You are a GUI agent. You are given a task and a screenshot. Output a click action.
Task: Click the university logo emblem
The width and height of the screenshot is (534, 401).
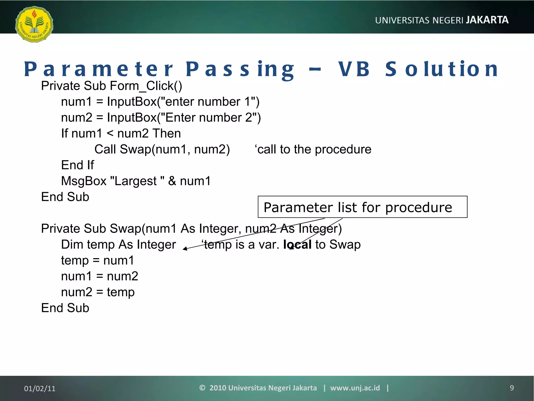pos(34,24)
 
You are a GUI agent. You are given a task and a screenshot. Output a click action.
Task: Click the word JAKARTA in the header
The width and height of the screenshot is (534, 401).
pos(487,20)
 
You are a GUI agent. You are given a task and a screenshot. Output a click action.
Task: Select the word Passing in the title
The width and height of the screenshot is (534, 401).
pos(240,69)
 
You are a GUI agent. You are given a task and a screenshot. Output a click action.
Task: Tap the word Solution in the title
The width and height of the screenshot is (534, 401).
pos(442,69)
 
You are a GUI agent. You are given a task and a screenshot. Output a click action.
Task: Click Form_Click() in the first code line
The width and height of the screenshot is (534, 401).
pos(146,86)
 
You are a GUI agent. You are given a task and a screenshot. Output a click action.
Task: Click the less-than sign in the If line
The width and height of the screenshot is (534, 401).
pos(110,134)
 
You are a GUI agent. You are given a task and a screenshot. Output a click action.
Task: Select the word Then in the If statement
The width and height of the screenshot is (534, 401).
pos(167,134)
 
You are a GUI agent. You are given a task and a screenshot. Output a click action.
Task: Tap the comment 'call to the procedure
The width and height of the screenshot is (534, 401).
pos(313,150)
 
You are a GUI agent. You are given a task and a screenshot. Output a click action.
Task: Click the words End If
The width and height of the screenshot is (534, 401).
pos(77,165)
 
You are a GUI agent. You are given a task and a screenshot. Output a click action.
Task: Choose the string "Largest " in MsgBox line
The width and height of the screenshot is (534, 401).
pos(137,181)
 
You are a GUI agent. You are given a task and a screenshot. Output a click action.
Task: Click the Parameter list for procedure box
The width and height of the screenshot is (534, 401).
pos(362,207)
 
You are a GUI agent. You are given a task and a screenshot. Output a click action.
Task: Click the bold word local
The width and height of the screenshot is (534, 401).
pos(297,245)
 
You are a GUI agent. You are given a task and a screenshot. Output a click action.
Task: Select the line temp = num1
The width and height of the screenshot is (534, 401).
pos(98,261)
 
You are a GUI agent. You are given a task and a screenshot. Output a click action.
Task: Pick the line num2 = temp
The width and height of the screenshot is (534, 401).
pos(98,292)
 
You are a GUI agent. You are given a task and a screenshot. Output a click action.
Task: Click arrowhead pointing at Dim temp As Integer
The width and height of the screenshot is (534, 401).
pos(185,249)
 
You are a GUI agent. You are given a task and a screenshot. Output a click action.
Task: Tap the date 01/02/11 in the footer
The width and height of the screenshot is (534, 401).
pos(40,388)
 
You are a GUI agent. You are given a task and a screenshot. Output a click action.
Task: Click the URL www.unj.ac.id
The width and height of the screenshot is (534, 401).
pos(355,388)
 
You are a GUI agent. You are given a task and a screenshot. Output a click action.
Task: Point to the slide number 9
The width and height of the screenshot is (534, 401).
pos(512,388)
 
